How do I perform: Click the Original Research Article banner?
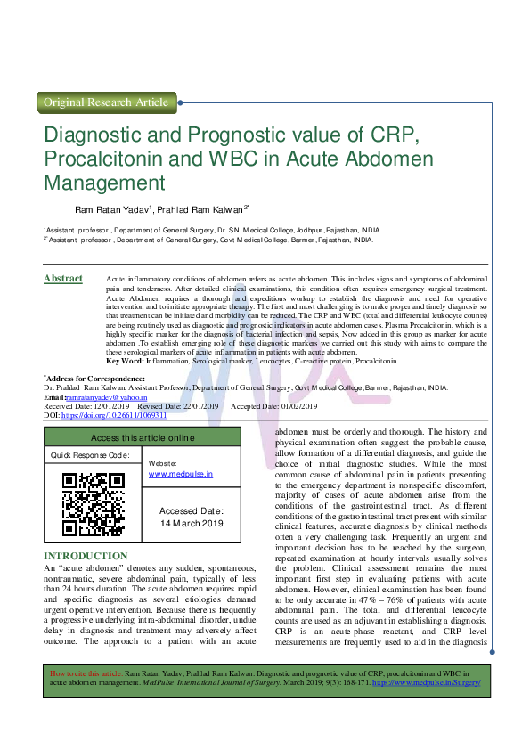pyautogui.click(x=106, y=102)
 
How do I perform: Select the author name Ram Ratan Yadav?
pyautogui.click(x=112, y=210)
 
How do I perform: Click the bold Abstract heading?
pyautogui.click(x=63, y=280)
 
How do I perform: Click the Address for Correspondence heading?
pyautogui.click(x=93, y=379)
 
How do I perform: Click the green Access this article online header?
pyautogui.click(x=142, y=438)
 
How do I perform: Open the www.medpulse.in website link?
pyautogui.click(x=181, y=476)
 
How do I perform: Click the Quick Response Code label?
pyautogui.click(x=90, y=455)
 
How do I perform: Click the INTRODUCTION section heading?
pyautogui.click(x=86, y=557)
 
